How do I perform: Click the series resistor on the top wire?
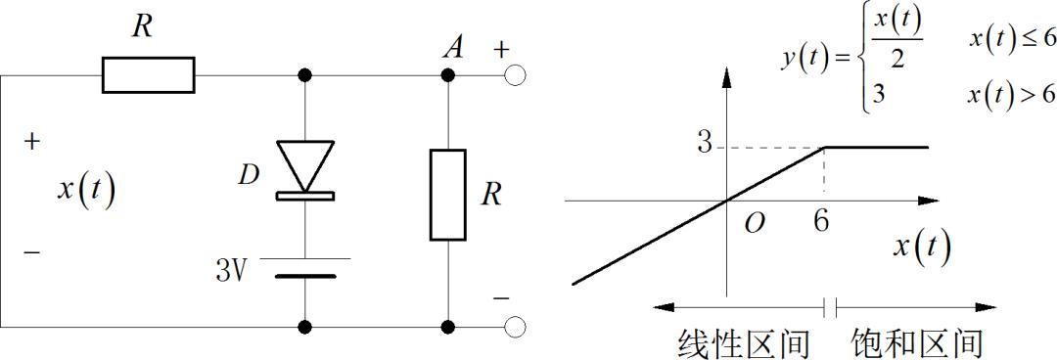pyautogui.click(x=149, y=74)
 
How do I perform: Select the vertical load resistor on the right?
pyautogui.click(x=449, y=195)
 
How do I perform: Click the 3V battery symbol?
pyautogui.click(x=305, y=266)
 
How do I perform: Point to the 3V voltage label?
pyautogui.click(x=234, y=269)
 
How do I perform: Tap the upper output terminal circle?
pyautogui.click(x=516, y=74)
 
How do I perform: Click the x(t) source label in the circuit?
pyautogui.click(x=86, y=189)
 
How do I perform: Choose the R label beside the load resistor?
pyautogui.click(x=491, y=195)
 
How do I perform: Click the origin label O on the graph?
pyautogui.click(x=754, y=224)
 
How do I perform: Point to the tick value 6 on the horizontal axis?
pyautogui.click(x=820, y=222)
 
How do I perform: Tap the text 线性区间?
pyautogui.click(x=744, y=343)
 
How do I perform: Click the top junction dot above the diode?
pyautogui.click(x=305, y=74)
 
